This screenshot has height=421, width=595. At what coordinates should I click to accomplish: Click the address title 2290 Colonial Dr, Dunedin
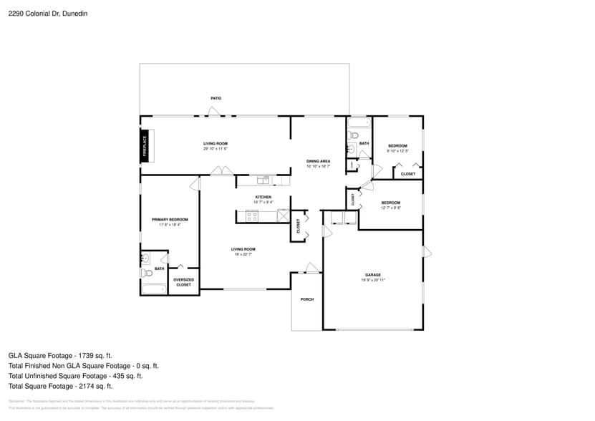coord(44,12)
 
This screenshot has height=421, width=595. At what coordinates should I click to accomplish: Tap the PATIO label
coord(216,98)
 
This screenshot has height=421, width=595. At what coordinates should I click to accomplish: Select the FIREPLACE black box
coord(145,145)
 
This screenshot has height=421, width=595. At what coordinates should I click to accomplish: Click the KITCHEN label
coord(263,197)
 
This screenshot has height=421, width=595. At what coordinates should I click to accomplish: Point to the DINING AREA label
coord(318,161)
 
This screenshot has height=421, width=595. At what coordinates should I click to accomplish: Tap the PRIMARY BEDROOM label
coord(170,219)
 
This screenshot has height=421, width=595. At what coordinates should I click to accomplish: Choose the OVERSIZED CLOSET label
coord(184,282)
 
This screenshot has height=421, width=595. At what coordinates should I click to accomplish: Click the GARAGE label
coord(372,275)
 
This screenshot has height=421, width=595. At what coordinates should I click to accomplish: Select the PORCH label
coord(306,299)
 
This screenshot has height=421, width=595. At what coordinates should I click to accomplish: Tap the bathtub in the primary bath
coord(154,289)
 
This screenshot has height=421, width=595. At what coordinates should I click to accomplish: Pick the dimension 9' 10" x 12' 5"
coord(397,151)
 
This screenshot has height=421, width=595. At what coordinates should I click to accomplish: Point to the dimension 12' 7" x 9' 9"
coord(390,208)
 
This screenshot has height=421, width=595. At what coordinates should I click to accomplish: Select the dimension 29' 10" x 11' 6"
coord(216,150)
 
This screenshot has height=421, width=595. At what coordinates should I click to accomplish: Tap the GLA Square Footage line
coord(60,355)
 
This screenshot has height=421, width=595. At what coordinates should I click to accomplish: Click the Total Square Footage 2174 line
coord(60,386)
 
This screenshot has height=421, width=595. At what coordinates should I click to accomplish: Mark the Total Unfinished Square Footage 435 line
coord(75,376)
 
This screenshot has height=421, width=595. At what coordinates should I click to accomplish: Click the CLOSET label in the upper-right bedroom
coord(408,174)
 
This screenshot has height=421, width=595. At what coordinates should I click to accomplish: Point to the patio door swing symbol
coord(213,111)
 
